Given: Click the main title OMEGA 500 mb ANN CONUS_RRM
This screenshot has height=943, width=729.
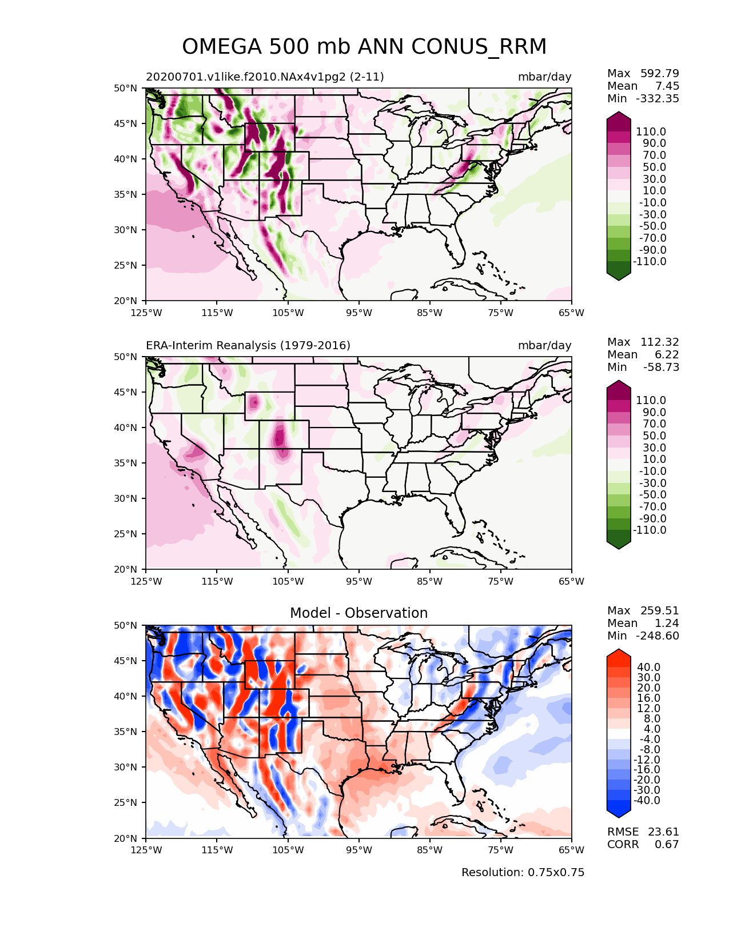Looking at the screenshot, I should [364, 47].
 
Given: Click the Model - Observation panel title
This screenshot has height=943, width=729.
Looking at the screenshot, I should [358, 613].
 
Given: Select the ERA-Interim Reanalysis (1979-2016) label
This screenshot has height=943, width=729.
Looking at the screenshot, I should [248, 345].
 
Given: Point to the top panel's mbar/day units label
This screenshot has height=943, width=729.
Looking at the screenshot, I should [544, 77].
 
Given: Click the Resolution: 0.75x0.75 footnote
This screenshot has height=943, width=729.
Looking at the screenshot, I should [523, 872].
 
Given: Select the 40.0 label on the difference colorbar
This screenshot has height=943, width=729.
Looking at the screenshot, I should [648, 667].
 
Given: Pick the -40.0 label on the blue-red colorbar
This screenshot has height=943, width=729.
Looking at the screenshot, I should [647, 800].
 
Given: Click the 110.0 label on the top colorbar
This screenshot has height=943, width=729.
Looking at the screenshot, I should [651, 131].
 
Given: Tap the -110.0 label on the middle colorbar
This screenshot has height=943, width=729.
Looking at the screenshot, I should [649, 530].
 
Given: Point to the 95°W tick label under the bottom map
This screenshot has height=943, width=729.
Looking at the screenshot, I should [359, 850].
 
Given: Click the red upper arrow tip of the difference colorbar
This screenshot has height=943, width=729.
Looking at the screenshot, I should [619, 653].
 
